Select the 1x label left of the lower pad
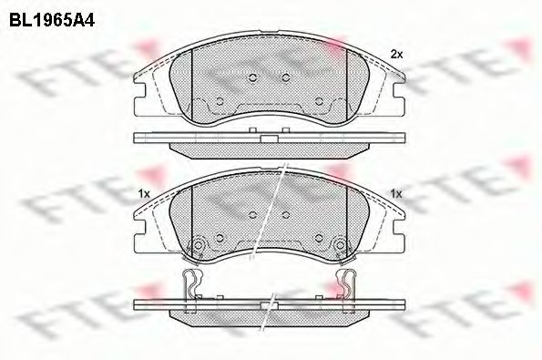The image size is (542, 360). point(143,193)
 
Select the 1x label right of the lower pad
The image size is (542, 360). point(395,193)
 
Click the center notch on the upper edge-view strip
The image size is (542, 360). point(269,139)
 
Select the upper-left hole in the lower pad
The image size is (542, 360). point(251,215)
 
